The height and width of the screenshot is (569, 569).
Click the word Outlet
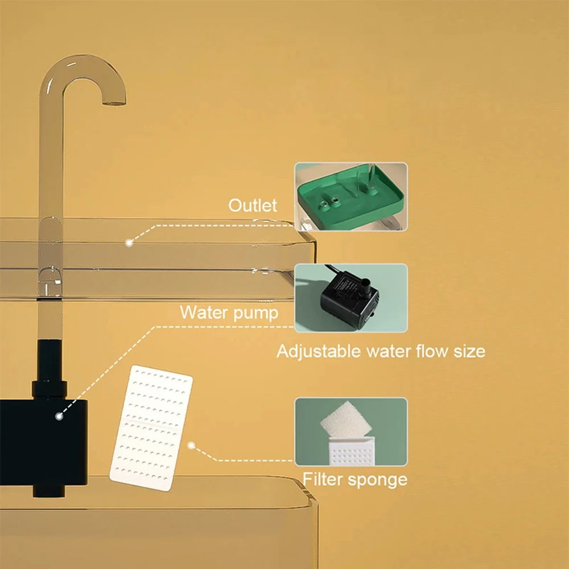pos(253,206)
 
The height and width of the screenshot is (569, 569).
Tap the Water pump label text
pos(229,312)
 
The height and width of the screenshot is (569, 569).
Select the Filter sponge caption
pos(354,479)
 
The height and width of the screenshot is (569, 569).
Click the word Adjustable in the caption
pos(318,351)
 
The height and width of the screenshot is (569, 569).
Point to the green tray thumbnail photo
pos(351,196)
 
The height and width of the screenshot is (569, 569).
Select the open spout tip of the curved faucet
pos(113,102)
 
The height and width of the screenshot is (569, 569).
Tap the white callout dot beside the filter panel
pos(192,446)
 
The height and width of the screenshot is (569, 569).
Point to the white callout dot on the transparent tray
pos(129,242)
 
